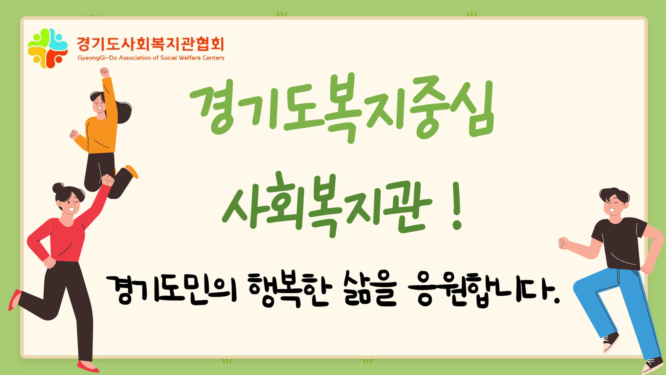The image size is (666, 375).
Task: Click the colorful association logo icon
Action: click(47, 48)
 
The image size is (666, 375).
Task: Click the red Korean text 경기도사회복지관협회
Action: click(150, 44)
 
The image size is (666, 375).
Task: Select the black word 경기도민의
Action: click(171, 290)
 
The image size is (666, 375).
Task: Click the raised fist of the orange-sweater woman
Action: click(104, 72)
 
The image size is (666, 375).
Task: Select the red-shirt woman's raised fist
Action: click(108, 180)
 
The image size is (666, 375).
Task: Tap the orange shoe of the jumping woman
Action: click(132, 172)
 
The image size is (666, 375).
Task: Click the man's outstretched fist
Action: click(564, 243)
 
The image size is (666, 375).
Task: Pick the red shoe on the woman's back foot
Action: click(14, 300)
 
